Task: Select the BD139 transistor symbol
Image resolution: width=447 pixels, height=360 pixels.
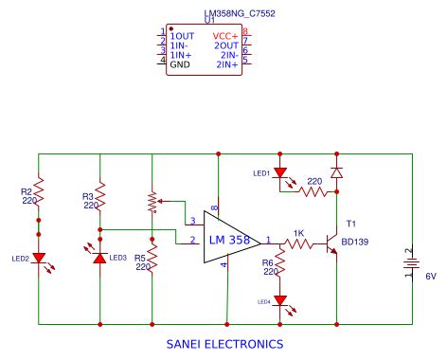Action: pyautogui.click(x=332, y=243)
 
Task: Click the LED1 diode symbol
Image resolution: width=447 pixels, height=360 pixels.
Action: pyautogui.click(x=280, y=174)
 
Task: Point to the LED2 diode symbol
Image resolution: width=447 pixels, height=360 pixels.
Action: pyautogui.click(x=39, y=258)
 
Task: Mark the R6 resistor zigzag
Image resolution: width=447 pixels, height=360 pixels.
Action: pyautogui.click(x=281, y=268)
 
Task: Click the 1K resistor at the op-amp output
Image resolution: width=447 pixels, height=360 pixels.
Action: pyautogui.click(x=299, y=243)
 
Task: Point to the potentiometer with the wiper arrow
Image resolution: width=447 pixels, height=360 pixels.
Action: pyautogui.click(x=152, y=201)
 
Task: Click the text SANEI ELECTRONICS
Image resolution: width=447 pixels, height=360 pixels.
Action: pyautogui.click(x=223, y=344)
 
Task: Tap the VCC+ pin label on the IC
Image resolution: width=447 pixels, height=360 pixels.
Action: pyautogui.click(x=225, y=35)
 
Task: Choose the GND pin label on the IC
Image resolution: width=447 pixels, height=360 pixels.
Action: pyautogui.click(x=180, y=63)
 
